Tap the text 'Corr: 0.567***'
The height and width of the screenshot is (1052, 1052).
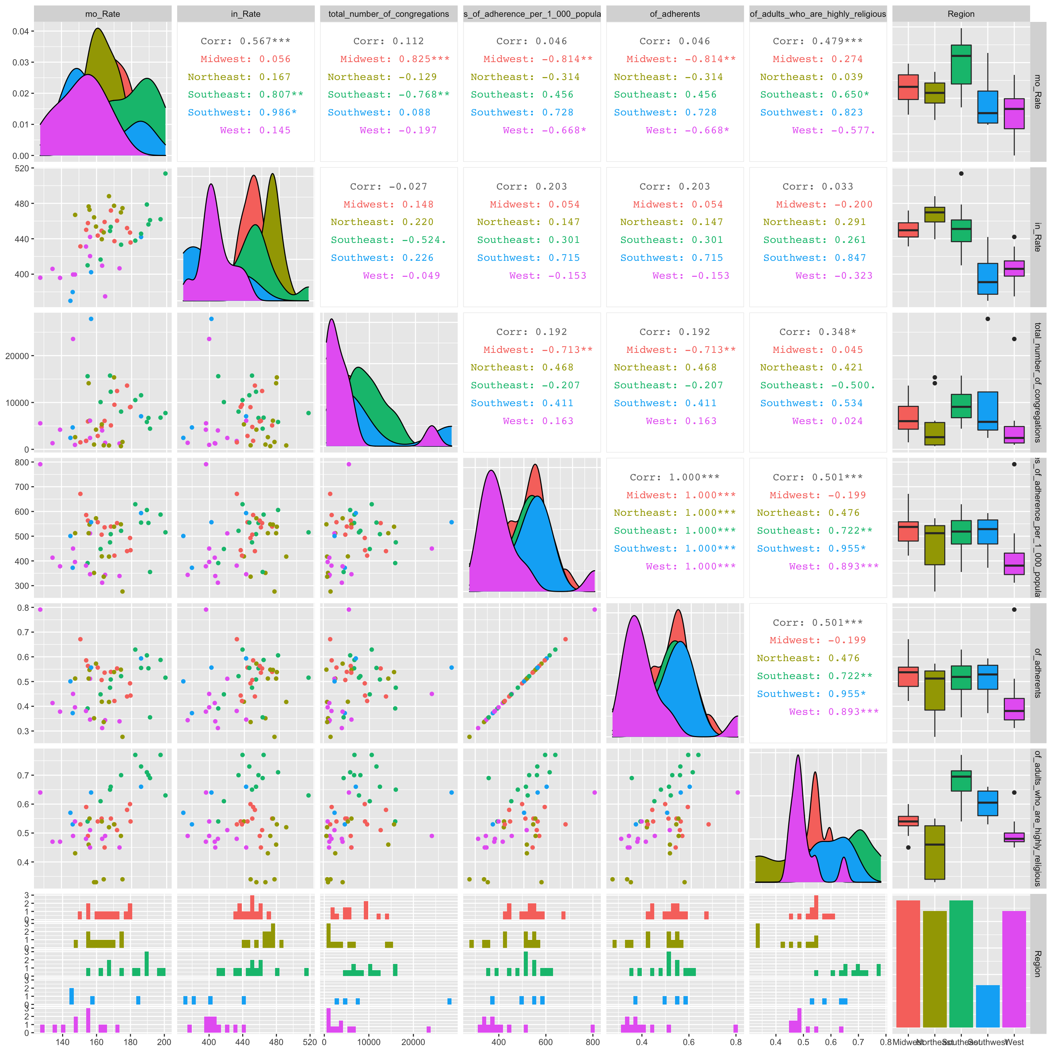click(x=245, y=41)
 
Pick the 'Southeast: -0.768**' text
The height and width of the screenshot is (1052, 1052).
click(x=388, y=95)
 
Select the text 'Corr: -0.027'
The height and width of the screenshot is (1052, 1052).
click(x=388, y=187)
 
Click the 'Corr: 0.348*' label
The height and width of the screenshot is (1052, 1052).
click(x=817, y=332)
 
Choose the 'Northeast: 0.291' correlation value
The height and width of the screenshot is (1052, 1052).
click(x=817, y=222)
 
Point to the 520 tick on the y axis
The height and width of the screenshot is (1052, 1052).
click(x=22, y=169)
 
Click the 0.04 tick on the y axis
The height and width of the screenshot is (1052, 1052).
click(x=21, y=31)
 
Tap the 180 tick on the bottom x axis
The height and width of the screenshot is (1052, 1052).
click(x=131, y=1042)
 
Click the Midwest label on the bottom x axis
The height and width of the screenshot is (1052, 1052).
click(x=907, y=1042)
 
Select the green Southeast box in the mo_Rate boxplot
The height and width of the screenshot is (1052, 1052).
click(x=961, y=65)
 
